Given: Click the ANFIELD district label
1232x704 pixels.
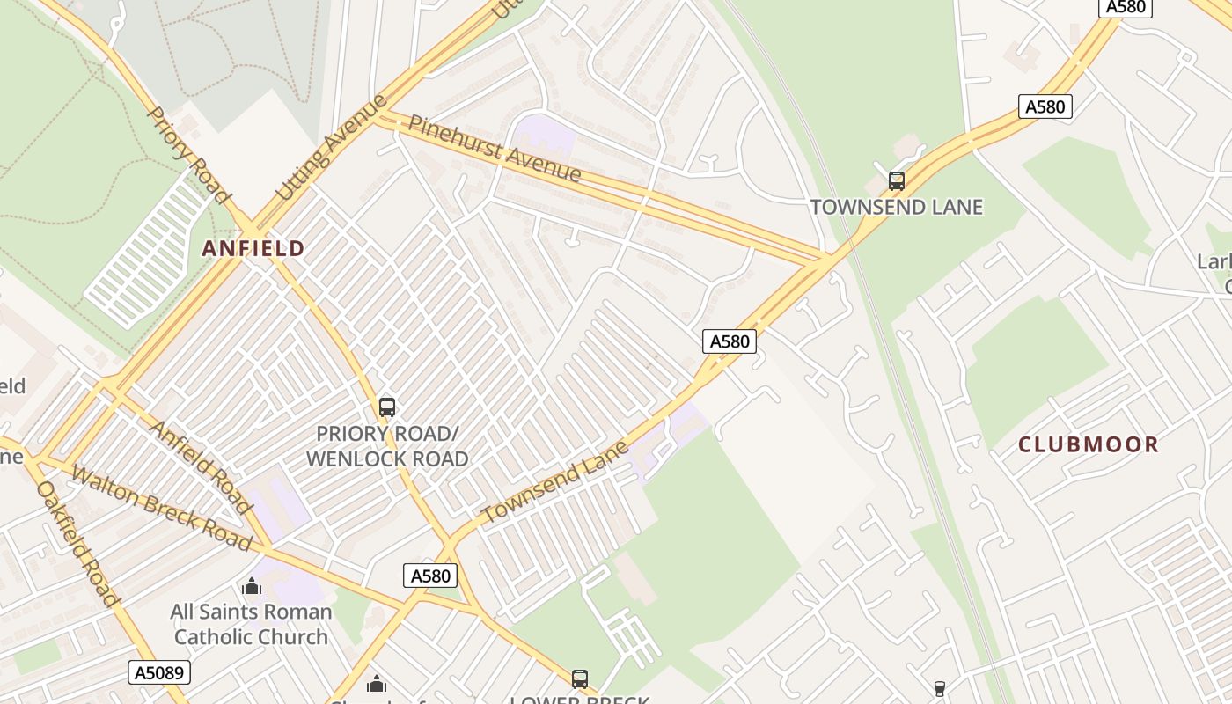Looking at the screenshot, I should point(253,248).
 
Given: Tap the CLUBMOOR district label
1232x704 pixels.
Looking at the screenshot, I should point(1089,444).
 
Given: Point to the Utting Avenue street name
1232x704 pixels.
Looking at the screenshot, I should point(332,146).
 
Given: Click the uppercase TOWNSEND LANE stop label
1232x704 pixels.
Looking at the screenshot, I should point(896,207).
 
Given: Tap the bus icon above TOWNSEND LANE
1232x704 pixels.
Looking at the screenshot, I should point(897,181).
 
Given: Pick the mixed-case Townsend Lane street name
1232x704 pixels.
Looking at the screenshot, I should point(555,480).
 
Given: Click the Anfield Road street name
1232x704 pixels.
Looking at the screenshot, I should point(202,466).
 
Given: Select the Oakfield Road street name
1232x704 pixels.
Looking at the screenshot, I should point(77,543).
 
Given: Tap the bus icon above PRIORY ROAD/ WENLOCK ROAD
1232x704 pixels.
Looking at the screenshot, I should point(387,407).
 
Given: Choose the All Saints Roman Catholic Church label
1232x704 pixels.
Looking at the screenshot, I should point(251,624).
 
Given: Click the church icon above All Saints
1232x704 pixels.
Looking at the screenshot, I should point(252,586).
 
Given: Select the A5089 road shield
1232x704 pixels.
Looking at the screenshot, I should point(159,673).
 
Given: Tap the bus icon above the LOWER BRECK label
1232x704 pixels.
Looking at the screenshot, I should point(580,678).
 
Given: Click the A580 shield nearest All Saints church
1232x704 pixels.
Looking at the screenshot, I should point(431,576).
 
